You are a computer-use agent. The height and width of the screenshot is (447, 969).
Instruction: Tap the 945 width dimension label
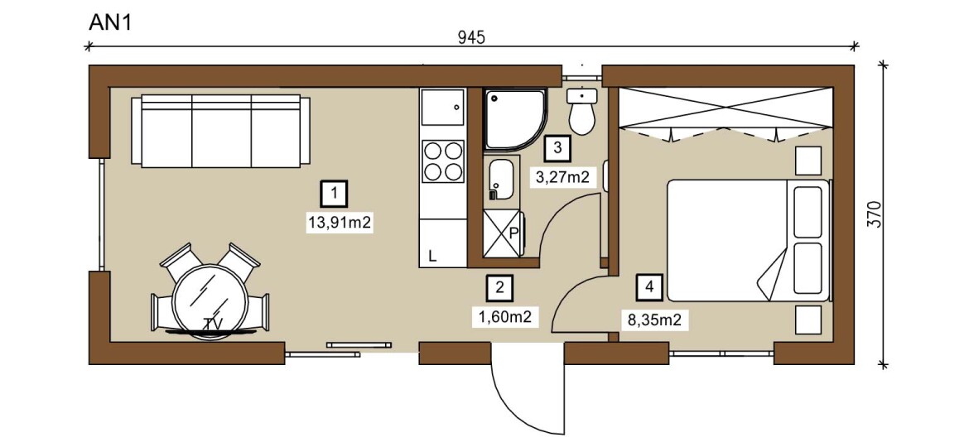click(471, 37)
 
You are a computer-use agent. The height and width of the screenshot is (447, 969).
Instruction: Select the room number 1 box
click(334, 194)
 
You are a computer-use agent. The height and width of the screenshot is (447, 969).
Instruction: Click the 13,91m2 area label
click(340, 223)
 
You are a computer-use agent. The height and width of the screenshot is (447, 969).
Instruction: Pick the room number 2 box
click(500, 286)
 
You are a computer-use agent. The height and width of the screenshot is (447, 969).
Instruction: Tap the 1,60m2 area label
click(505, 317)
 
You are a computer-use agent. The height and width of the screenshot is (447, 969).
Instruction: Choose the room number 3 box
click(557, 148)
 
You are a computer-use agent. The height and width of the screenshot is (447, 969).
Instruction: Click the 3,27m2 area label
click(562, 178)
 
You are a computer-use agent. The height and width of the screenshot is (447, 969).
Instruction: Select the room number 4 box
click(648, 286)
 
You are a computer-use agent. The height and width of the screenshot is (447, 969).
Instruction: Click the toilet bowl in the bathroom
click(581, 112)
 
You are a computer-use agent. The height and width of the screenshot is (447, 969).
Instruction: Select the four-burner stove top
click(442, 161)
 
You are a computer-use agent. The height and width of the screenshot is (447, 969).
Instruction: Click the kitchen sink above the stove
click(442, 107)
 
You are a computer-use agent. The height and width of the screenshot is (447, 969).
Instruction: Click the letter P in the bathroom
click(513, 233)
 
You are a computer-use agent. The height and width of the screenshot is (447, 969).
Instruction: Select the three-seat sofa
click(220, 131)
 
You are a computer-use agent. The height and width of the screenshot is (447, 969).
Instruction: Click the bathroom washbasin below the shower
click(501, 180)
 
